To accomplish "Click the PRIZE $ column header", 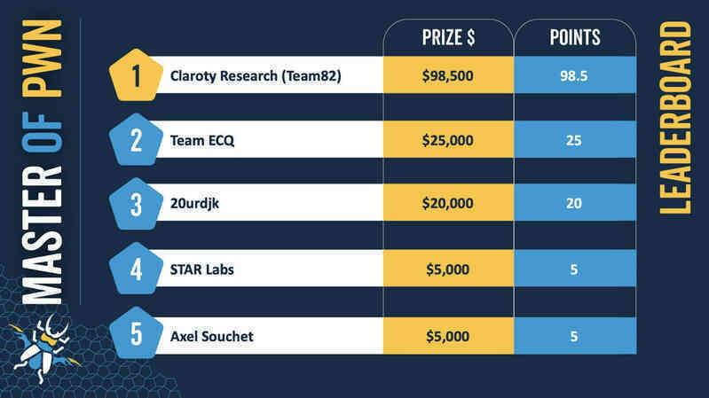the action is [448, 37].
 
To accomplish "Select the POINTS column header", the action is [575, 37].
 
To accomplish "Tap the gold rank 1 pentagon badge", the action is [136, 75].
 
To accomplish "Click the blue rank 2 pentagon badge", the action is [136, 139].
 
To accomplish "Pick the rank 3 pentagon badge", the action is [136, 204].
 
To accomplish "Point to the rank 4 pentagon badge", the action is [136, 269].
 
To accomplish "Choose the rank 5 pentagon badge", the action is [136, 333].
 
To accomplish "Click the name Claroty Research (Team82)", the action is [256, 76].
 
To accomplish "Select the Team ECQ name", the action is [202, 141].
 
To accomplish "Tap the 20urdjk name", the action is [194, 204].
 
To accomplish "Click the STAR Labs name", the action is [201, 269].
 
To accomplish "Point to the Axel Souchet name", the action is [211, 336].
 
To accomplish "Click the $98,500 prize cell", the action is [448, 75].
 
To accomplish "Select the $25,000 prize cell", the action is [448, 139].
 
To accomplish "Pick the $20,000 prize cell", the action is [448, 203].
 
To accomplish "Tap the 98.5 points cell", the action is [575, 75].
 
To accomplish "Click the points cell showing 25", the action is [575, 139].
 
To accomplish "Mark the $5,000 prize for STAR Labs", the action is [448, 269].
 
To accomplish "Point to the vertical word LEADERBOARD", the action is [675, 118].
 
